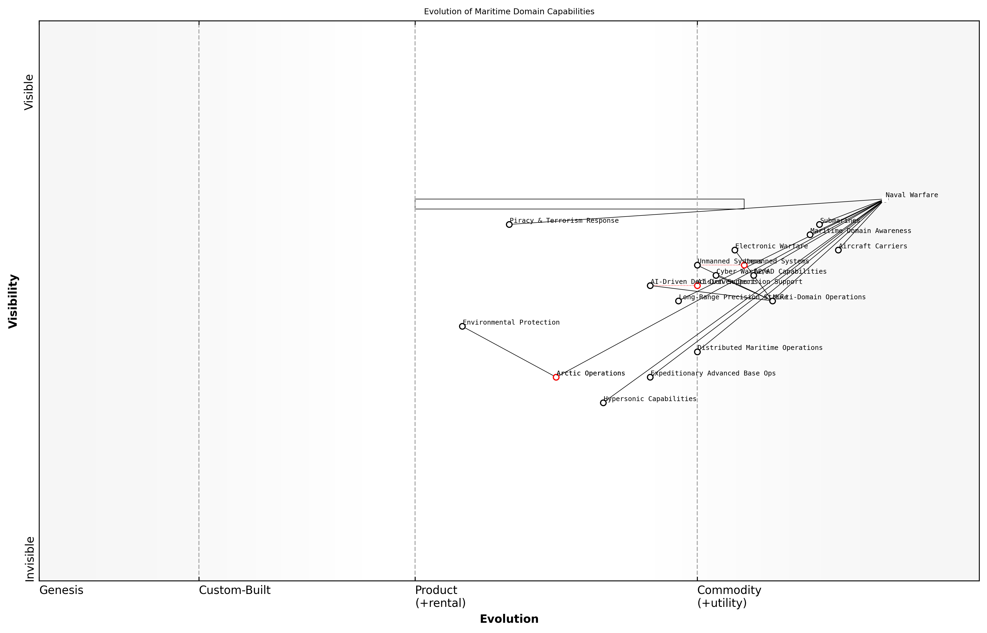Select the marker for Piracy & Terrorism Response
pyautogui.click(x=509, y=224)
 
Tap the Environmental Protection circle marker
pyautogui.click(x=462, y=326)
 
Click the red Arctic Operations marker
pyautogui.click(x=556, y=377)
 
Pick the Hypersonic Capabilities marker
pyautogui.click(x=603, y=403)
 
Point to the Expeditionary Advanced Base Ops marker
pyautogui.click(x=650, y=377)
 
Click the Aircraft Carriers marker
pyautogui.click(x=838, y=250)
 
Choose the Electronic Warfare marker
pyautogui.click(x=735, y=250)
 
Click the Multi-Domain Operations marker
pyautogui.click(x=772, y=301)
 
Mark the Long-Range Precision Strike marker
pyautogui.click(x=679, y=301)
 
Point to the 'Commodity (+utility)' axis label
pyautogui.click(x=729, y=596)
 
